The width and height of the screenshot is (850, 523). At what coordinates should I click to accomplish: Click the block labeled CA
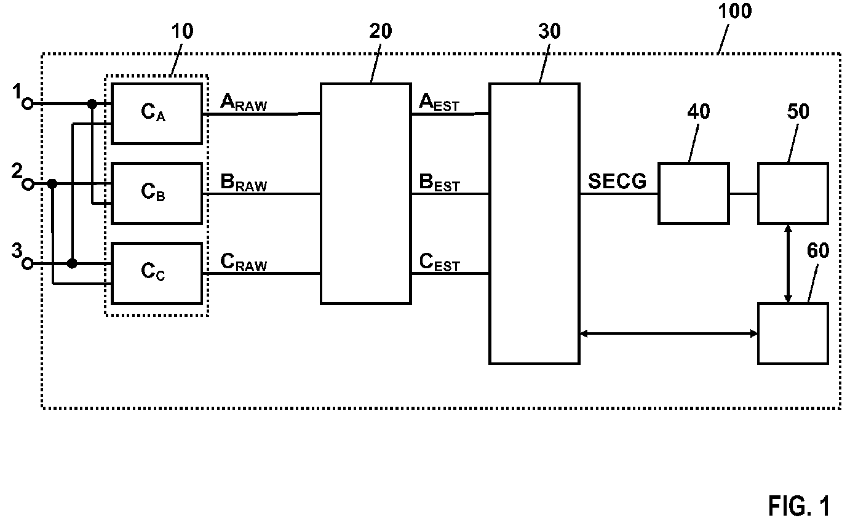pyautogui.click(x=157, y=113)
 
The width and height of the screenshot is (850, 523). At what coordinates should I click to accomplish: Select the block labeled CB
pyautogui.click(x=157, y=194)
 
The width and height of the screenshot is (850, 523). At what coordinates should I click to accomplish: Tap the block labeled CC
pyautogui.click(x=157, y=273)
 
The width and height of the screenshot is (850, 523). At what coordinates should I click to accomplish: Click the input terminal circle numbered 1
pyautogui.click(x=27, y=103)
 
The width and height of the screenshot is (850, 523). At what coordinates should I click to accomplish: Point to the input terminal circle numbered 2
pyautogui.click(x=28, y=185)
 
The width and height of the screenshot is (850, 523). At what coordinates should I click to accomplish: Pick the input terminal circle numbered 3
pyautogui.click(x=27, y=264)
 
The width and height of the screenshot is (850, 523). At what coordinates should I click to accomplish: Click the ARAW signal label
pyautogui.click(x=244, y=102)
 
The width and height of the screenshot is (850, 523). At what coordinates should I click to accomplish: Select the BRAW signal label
pyautogui.click(x=244, y=182)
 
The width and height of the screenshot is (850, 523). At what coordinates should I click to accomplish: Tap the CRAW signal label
pyautogui.click(x=244, y=262)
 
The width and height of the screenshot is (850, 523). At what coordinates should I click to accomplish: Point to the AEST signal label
pyautogui.click(x=439, y=102)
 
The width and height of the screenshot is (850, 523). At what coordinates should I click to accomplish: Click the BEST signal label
pyautogui.click(x=439, y=182)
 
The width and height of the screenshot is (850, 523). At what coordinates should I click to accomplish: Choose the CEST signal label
pyautogui.click(x=439, y=262)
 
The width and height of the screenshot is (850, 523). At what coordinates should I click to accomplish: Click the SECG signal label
pyautogui.click(x=617, y=181)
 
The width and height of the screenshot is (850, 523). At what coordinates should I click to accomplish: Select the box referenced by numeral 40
pyautogui.click(x=694, y=194)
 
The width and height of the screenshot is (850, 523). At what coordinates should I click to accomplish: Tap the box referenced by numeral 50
pyautogui.click(x=793, y=194)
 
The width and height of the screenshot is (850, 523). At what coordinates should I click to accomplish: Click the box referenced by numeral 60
pyautogui.click(x=793, y=333)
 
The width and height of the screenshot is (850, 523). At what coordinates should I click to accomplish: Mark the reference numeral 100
pyautogui.click(x=734, y=11)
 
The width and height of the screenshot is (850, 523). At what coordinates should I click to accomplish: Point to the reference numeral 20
pyautogui.click(x=380, y=31)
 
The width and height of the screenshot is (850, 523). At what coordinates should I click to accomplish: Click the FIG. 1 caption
pyautogui.click(x=799, y=506)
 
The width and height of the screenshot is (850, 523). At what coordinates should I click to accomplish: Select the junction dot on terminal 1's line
pyautogui.click(x=92, y=103)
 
